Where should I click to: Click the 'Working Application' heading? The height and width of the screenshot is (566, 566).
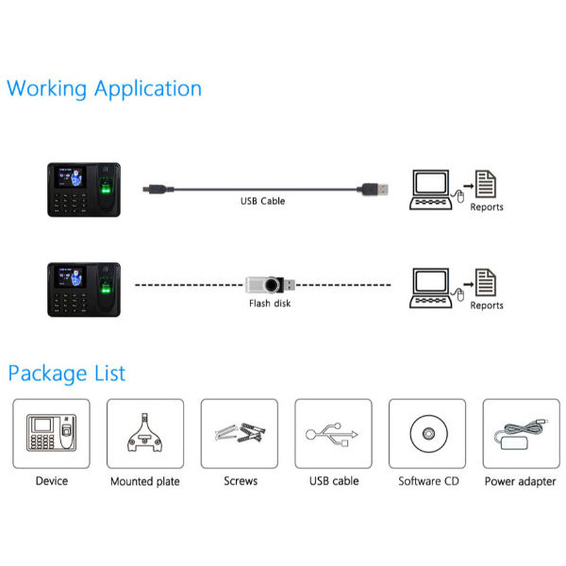tap(104, 89)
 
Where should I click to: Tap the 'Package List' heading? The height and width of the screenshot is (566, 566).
tap(67, 374)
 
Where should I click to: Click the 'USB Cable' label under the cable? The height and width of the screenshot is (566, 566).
tap(263, 201)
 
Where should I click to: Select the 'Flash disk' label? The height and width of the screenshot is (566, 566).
tap(270, 303)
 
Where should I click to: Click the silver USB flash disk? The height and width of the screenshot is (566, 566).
tap(271, 285)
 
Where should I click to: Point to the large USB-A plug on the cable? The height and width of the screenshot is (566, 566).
tap(373, 190)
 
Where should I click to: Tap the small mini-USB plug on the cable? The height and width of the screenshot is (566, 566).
tap(154, 189)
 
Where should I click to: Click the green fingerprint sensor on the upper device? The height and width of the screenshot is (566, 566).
tap(106, 189)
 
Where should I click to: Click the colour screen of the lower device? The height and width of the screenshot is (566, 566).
tap(70, 276)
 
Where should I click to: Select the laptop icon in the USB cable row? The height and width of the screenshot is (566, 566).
tap(431, 190)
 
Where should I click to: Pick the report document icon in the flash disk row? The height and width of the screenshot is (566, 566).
tap(486, 283)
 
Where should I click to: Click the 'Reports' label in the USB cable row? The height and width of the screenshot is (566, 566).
tap(487, 208)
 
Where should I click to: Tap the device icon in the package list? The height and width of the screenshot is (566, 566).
tap(51, 433)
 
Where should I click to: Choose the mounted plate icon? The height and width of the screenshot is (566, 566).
tap(144, 433)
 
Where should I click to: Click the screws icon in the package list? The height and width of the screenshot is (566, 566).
tap(241, 433)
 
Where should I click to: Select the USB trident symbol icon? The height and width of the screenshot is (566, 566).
tap(332, 434)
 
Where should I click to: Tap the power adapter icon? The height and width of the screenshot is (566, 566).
tap(520, 434)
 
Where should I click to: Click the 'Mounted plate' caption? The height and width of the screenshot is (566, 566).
tap(145, 481)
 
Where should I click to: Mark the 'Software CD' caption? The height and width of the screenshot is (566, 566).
tap(428, 481)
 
